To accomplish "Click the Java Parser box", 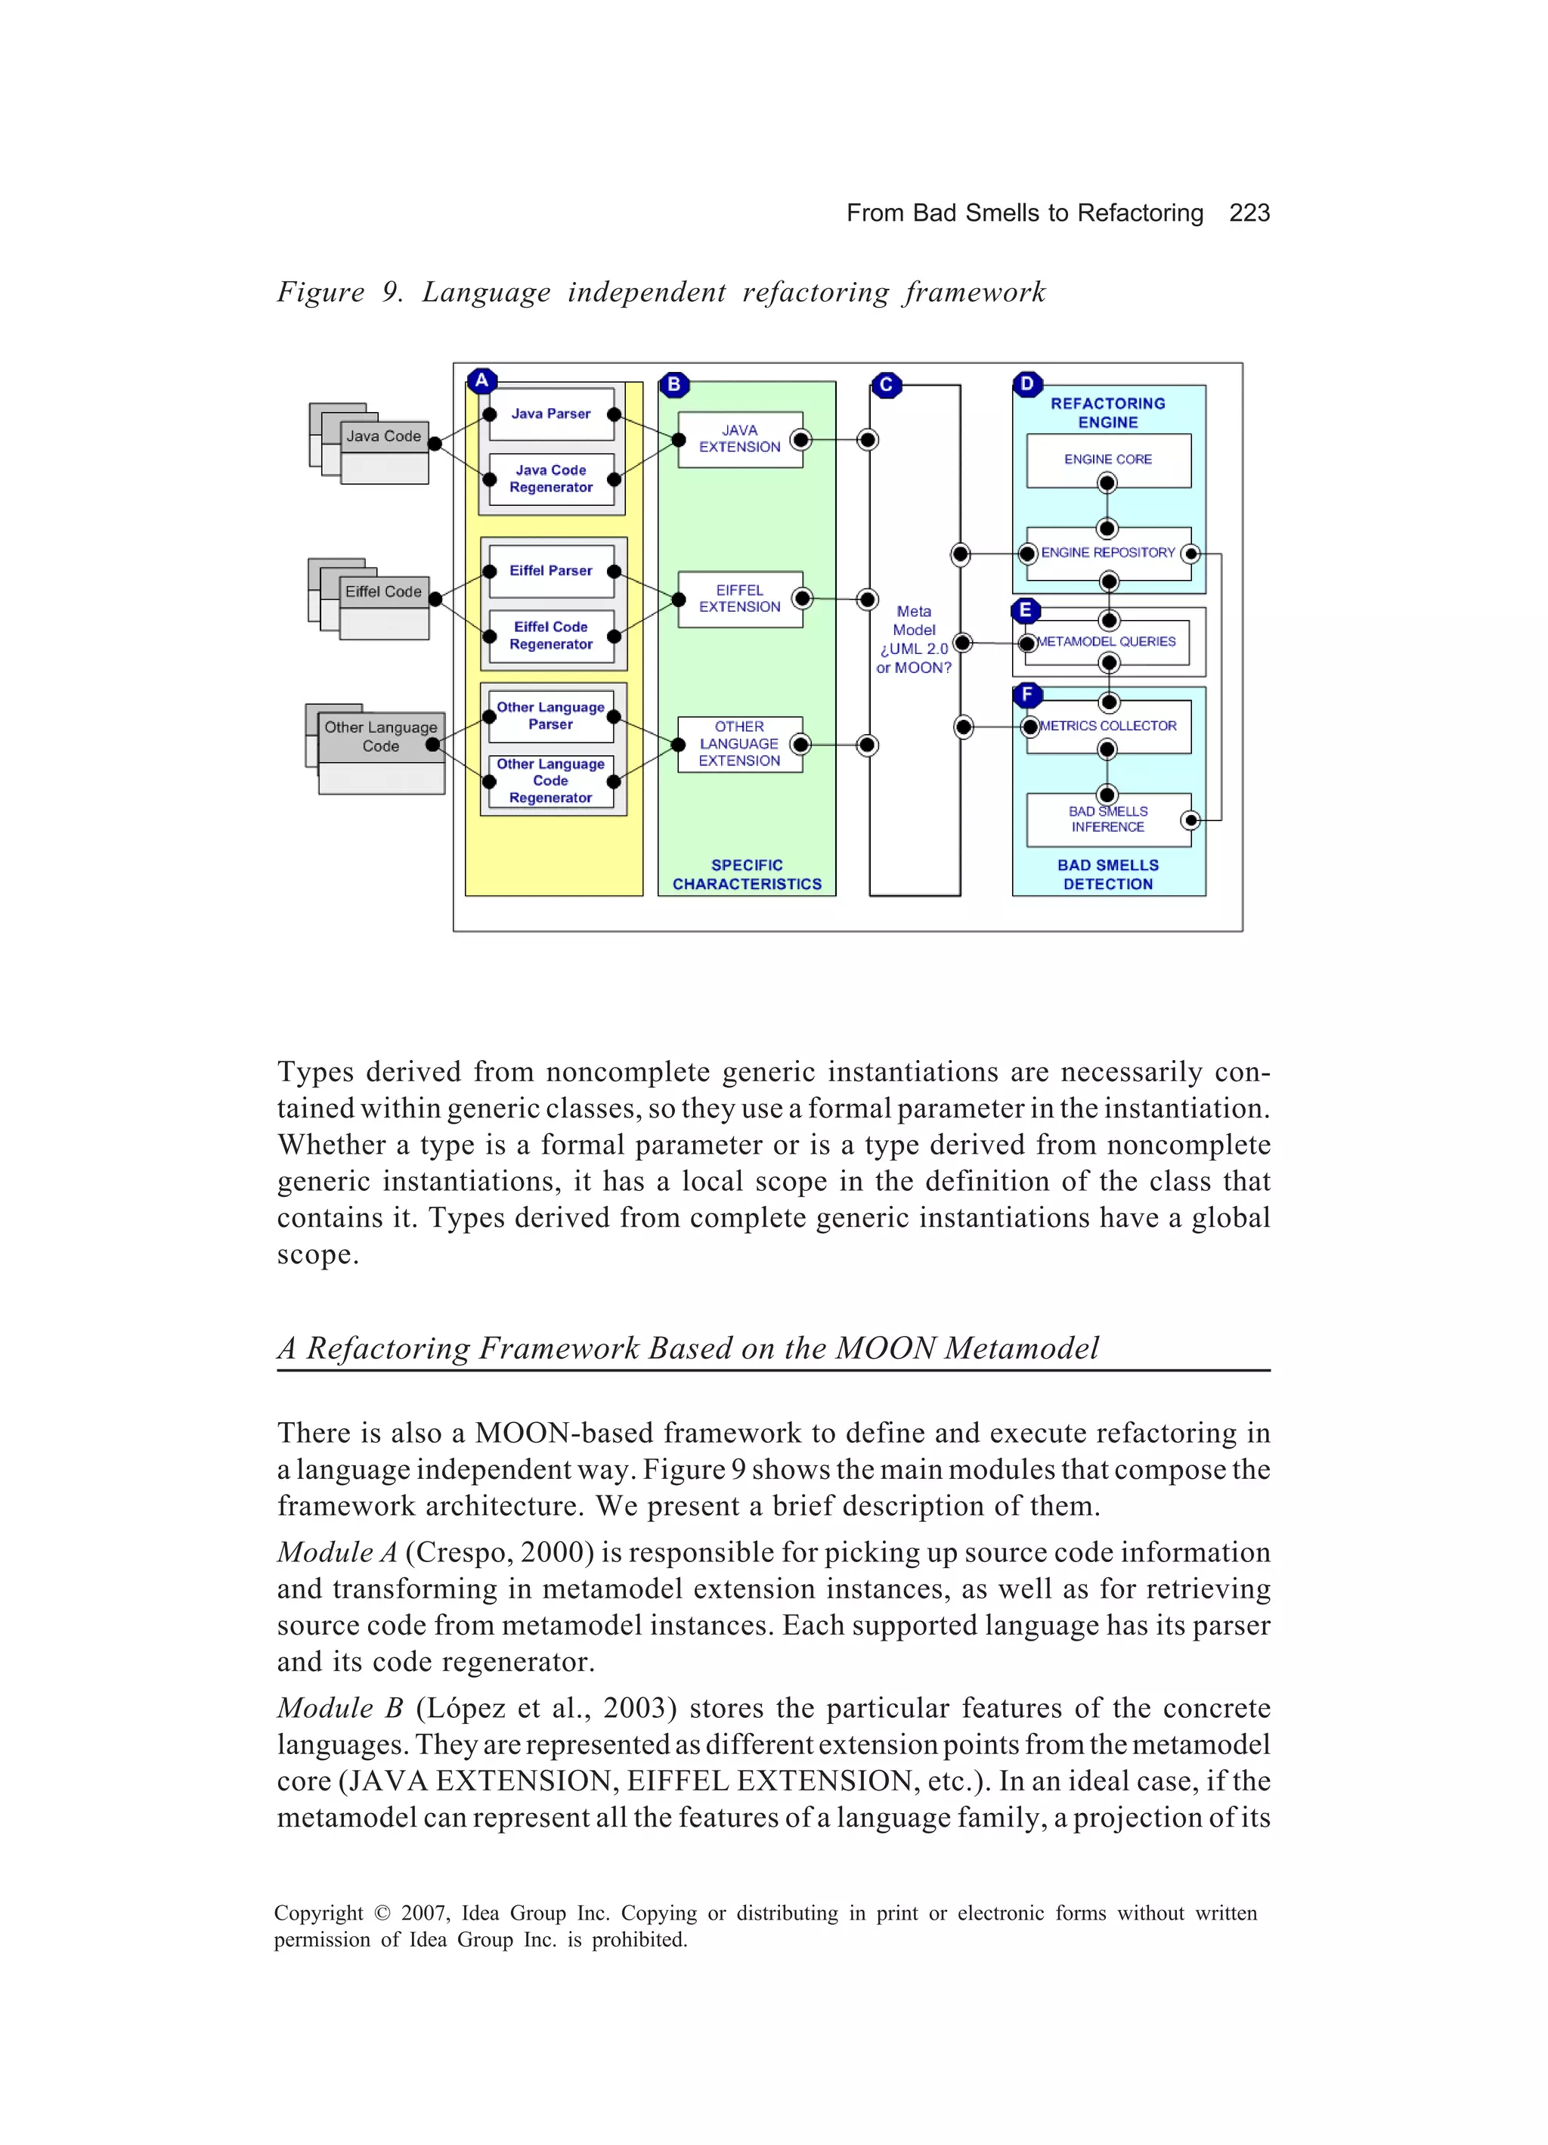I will tap(550, 414).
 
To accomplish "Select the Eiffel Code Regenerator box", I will tap(550, 636).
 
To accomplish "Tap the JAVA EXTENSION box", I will tap(739, 439).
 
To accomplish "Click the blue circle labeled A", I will tap(481, 381).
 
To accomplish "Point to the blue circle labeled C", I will tap(886, 385).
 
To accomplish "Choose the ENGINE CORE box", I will tap(1107, 460).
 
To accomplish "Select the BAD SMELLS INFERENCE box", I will tap(1107, 819).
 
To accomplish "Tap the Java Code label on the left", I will tap(383, 436).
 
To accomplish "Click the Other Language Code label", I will tap(380, 736).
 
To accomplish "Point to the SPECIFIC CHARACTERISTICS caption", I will tap(746, 875).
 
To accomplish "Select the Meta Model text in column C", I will tap(914, 621).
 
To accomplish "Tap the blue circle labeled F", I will tap(1027, 695).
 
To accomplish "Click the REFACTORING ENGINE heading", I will tap(1107, 412).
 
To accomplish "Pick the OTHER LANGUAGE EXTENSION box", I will tap(738, 744).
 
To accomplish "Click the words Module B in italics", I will tap(340, 1708).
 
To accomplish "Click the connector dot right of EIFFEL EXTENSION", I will tap(803, 599).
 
